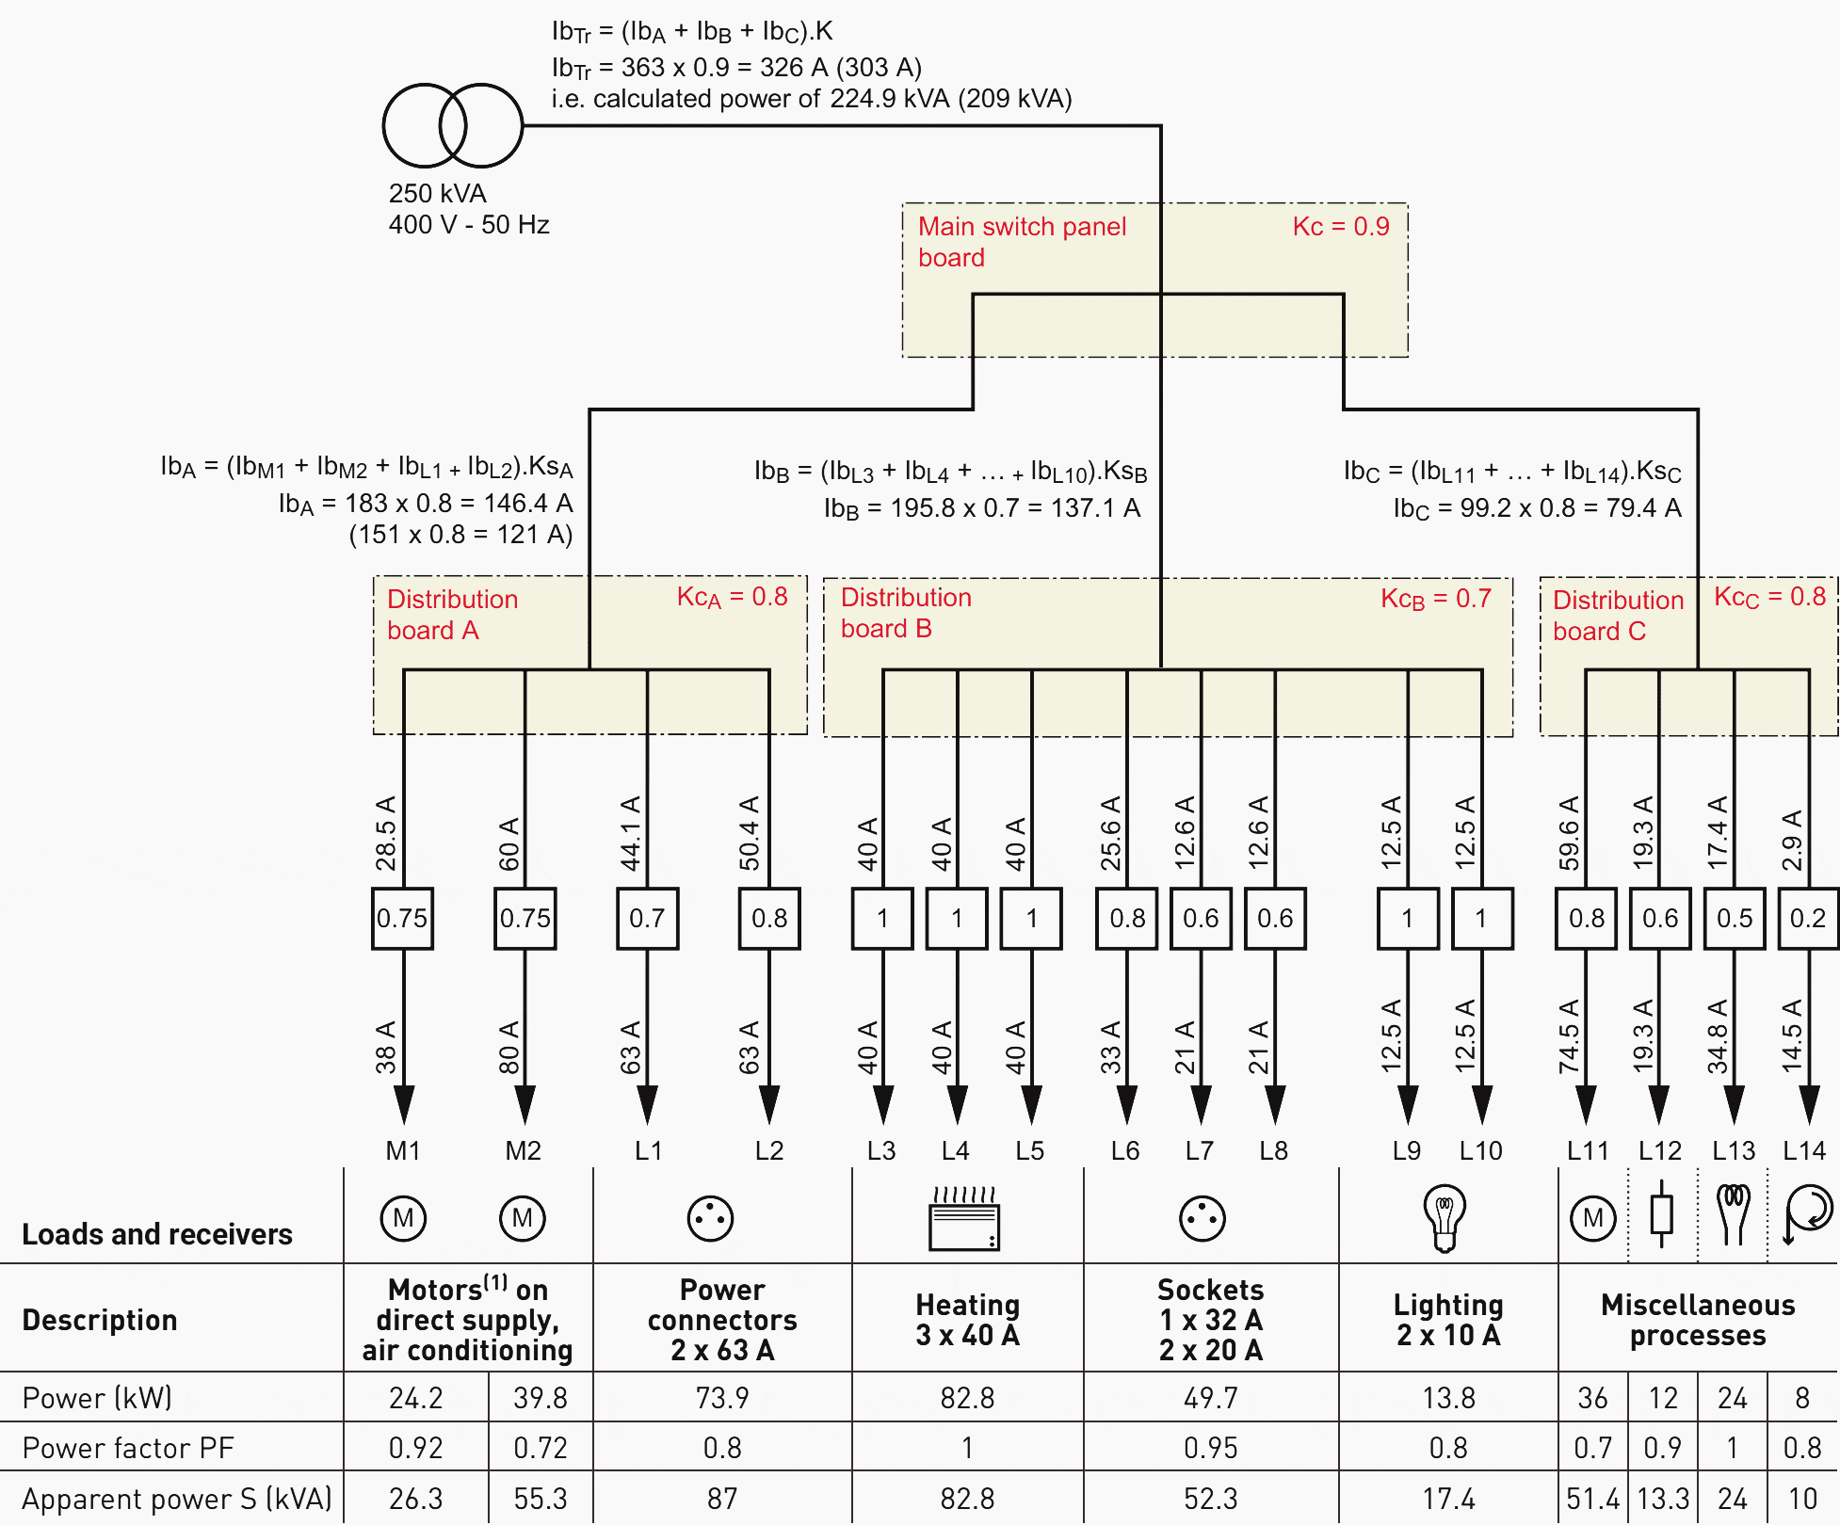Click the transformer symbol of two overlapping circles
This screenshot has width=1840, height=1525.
point(452,125)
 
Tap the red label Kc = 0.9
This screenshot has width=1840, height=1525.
point(1340,227)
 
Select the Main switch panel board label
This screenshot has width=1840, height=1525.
point(1021,242)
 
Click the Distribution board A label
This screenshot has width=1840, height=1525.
point(452,615)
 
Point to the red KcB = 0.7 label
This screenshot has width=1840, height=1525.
point(1435,599)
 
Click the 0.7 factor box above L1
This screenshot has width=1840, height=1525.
point(647,918)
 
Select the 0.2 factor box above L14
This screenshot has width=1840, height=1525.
point(1807,918)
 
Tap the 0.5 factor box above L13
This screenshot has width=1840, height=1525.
point(1734,918)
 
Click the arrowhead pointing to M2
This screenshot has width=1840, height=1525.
point(525,1103)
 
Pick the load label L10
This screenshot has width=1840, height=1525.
point(1480,1150)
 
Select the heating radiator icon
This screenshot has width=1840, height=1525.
point(963,1219)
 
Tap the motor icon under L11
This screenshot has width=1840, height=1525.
point(1592,1218)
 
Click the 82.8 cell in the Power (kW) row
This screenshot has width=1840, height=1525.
point(967,1398)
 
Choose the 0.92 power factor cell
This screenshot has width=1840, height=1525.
point(415,1448)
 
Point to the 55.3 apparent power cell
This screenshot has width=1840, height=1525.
point(541,1499)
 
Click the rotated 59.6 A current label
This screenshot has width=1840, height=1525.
point(1569,833)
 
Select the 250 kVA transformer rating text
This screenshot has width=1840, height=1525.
point(438,194)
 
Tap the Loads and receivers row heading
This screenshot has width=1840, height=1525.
point(157,1234)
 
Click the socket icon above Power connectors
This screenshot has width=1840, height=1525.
point(710,1218)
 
